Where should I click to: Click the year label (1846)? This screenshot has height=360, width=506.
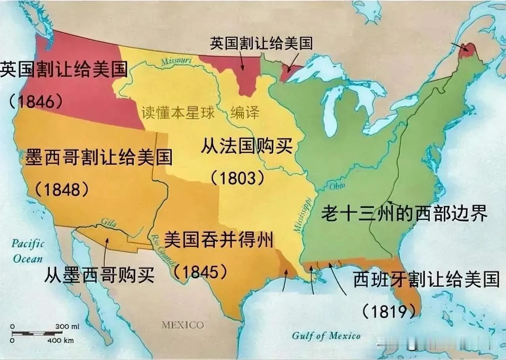[x=36, y=102]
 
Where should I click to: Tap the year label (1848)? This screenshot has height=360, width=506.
[x=62, y=190]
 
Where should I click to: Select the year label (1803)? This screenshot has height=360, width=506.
[x=237, y=179]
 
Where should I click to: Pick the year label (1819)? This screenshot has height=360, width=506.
[x=389, y=311]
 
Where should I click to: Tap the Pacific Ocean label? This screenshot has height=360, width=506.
[x=28, y=251]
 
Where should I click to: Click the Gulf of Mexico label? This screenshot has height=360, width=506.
[x=326, y=336]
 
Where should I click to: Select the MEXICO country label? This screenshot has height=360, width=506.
[x=183, y=325]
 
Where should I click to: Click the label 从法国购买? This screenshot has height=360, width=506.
[x=247, y=146]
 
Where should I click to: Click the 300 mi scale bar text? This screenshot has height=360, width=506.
[x=68, y=327]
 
